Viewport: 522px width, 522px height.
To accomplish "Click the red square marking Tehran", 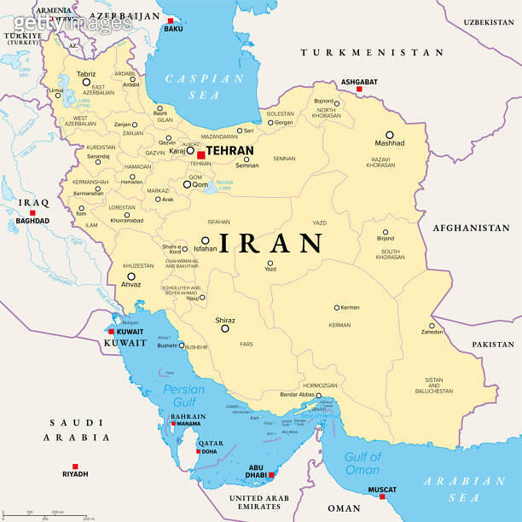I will click(x=200, y=154).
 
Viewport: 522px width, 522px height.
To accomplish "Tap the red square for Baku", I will click(x=171, y=20).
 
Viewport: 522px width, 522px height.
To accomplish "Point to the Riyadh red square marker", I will click(x=75, y=466).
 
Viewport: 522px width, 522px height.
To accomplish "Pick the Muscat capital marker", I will click(x=382, y=496).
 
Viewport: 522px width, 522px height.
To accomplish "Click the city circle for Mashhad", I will click(x=389, y=135).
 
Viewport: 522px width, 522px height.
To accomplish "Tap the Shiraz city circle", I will click(x=225, y=328).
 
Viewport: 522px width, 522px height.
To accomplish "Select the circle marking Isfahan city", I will click(x=205, y=241).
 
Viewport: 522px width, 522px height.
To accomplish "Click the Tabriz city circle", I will click(x=85, y=82).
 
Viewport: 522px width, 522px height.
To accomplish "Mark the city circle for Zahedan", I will click(x=432, y=325).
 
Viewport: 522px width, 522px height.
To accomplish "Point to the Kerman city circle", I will click(x=337, y=307).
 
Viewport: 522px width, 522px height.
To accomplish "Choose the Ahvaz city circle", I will click(x=131, y=276).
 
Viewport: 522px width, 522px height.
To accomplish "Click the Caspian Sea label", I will click(x=205, y=86).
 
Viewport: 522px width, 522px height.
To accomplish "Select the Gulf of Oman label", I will click(x=362, y=463).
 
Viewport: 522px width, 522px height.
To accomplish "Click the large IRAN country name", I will click(x=271, y=243).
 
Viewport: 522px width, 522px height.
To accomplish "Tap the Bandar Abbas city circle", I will click(x=319, y=396).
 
